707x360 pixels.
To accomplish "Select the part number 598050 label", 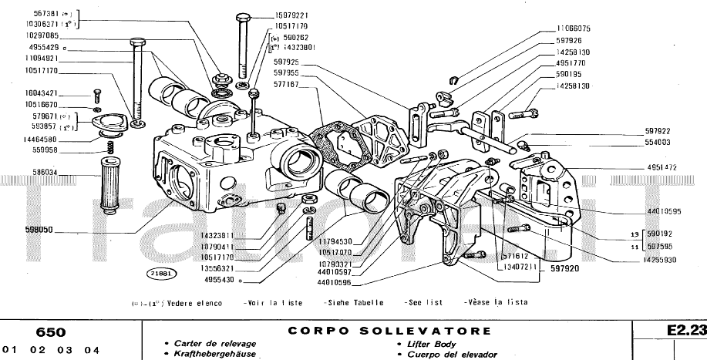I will pos(40,230).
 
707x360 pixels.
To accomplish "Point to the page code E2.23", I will pos(686,330).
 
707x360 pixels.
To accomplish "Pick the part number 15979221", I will pos(291,15).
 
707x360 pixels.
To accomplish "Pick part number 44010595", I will pos(664,210).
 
